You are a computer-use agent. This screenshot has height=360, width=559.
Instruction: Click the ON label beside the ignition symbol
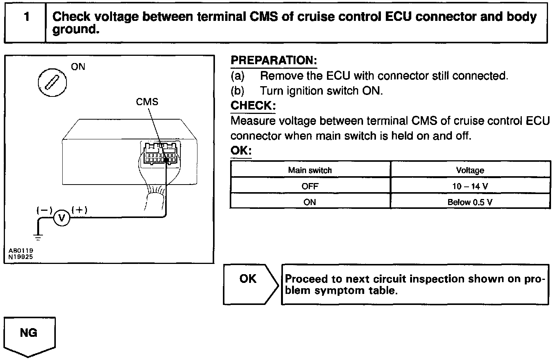[x=78, y=67]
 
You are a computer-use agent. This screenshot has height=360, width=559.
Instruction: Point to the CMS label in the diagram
[x=147, y=102]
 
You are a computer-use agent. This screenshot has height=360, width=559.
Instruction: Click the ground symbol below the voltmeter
[x=38, y=237]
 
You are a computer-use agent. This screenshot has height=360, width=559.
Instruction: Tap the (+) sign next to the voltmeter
[x=79, y=209]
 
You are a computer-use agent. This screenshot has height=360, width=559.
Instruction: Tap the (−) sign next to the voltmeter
[x=44, y=210]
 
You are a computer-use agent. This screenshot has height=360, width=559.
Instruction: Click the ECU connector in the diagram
[x=160, y=155]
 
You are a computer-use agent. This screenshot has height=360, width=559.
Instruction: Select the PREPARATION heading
[x=274, y=60]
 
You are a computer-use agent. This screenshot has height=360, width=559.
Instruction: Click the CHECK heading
[x=253, y=106]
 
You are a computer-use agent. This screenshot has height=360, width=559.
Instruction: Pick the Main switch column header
[x=310, y=170]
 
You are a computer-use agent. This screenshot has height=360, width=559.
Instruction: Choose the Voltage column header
[x=470, y=170]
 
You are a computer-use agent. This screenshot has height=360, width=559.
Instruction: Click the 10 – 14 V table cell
[x=470, y=186]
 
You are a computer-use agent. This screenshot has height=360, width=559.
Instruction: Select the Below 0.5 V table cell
[x=470, y=202]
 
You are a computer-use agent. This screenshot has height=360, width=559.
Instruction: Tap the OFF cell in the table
[x=310, y=186]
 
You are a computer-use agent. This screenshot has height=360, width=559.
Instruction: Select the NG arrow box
[x=29, y=336]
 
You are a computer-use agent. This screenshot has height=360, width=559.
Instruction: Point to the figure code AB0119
[x=21, y=251]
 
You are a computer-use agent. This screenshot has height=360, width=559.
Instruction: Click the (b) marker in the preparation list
[x=237, y=91]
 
